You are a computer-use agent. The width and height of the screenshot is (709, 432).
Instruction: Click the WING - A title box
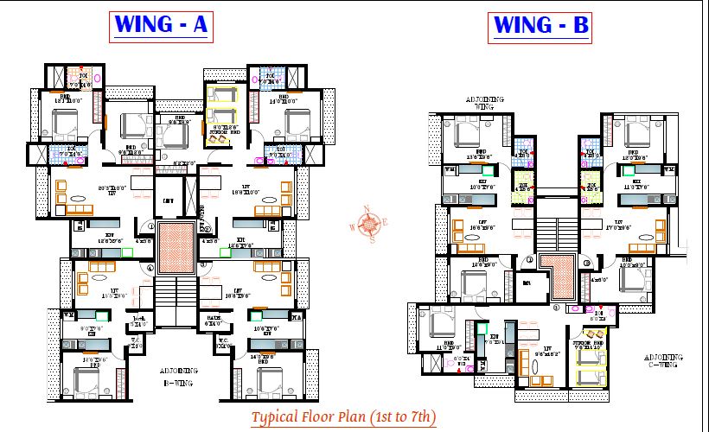coord(160,26)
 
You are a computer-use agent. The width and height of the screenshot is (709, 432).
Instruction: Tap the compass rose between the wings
coord(369,225)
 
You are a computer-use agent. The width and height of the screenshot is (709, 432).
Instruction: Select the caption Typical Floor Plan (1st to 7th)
coord(343,417)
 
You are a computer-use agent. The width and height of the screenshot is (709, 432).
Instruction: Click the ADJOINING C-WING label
coord(664,360)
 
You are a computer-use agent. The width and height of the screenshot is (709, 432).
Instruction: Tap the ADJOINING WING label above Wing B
coord(485,105)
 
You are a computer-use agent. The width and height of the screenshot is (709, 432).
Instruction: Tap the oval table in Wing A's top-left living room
coord(80,209)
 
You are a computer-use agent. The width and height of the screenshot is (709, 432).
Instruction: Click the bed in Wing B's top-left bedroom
coord(466,133)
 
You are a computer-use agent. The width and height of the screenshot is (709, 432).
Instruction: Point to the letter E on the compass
coord(385,224)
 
